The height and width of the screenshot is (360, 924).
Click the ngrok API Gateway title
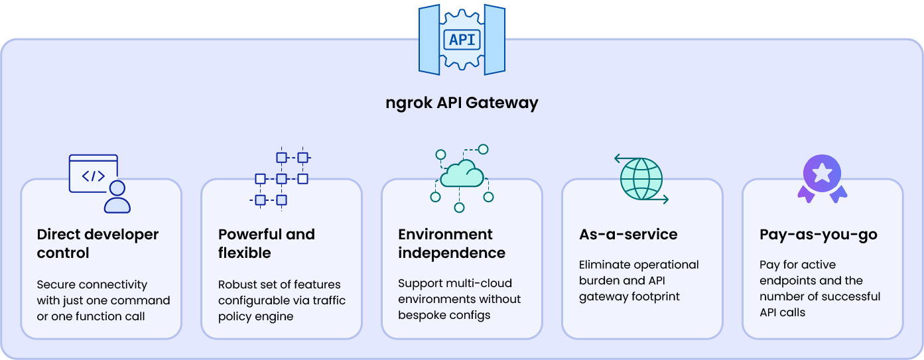pos(462,103)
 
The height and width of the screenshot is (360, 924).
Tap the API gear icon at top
pos(462,39)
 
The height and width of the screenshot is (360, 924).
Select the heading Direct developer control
pos(98,243)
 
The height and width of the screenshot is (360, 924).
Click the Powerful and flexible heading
pos(266,243)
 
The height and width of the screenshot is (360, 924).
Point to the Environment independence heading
pos(451,243)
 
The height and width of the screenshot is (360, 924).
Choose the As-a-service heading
pos(627,234)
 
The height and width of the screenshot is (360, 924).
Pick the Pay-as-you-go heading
pos(818,234)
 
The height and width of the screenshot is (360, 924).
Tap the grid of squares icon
pos(281,179)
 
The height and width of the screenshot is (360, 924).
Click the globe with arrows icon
pos(641,179)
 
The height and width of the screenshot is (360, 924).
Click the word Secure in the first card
pos(56,284)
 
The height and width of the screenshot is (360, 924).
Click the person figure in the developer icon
pos(117,197)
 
